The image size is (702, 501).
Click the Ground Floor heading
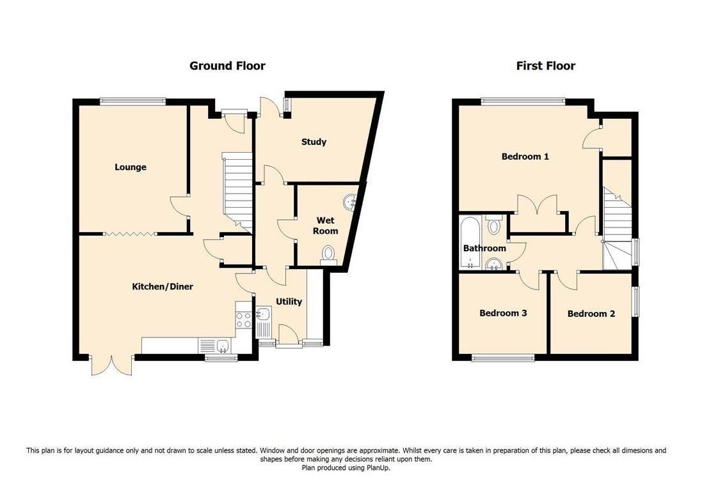click(x=227, y=66)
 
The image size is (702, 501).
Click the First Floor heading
click(x=545, y=66)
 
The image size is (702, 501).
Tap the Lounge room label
click(x=131, y=167)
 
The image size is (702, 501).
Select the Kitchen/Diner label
click(x=163, y=286)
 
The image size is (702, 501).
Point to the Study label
click(x=314, y=142)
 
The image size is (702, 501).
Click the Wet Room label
click(x=326, y=226)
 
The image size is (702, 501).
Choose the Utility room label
click(x=289, y=302)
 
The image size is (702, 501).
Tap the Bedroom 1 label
click(x=525, y=157)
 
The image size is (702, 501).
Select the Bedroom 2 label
click(x=591, y=314)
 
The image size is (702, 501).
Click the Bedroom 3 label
click(x=503, y=313)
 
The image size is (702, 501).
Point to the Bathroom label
click(x=484, y=248)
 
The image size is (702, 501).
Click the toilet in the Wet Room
click(x=329, y=255)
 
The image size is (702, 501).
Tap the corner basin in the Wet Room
click(x=350, y=203)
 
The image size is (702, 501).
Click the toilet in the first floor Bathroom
click(x=493, y=225)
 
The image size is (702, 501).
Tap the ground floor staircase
click(x=237, y=192)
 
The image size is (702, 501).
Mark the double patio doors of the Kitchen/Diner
click(x=111, y=365)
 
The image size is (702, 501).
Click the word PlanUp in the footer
click(x=378, y=468)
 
